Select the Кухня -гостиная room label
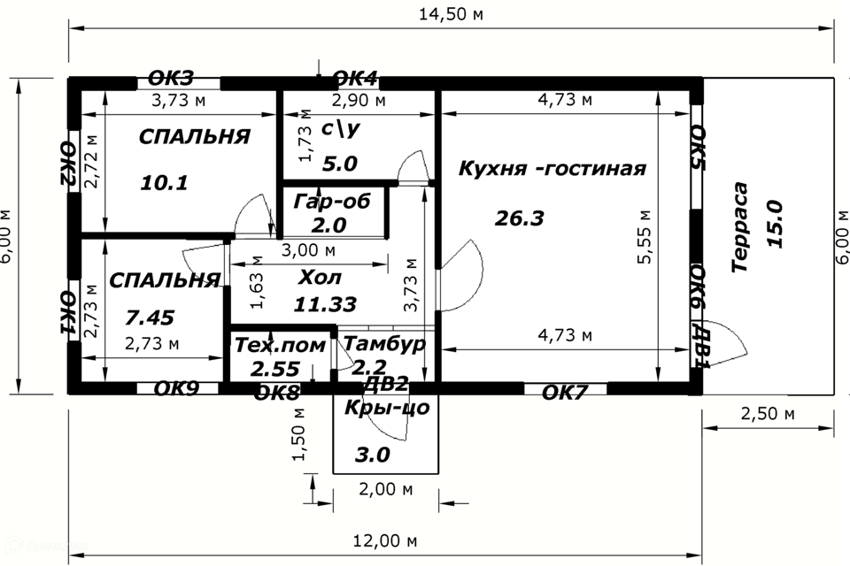(x=552, y=168)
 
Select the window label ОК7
(x=564, y=392)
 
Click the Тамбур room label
(x=383, y=343)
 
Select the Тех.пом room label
(x=280, y=346)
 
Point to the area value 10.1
(x=165, y=183)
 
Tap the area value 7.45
(x=151, y=317)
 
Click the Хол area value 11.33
(x=325, y=304)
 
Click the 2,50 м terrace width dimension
(x=764, y=414)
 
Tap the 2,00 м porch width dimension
(x=385, y=488)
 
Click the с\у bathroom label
(x=340, y=129)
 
